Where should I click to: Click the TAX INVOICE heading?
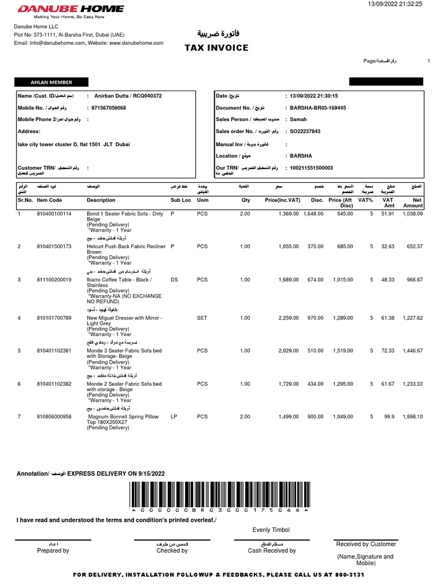[x=216, y=48]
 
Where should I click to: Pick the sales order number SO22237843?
[x=305, y=131]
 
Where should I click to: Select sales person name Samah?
[x=298, y=119]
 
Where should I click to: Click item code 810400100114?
[x=54, y=213]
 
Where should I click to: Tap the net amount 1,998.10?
[x=411, y=417]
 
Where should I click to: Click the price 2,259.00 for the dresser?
[x=288, y=318]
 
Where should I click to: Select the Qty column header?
[x=245, y=200]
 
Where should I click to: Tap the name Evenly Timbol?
[x=271, y=530]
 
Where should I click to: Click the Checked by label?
[x=172, y=550]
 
